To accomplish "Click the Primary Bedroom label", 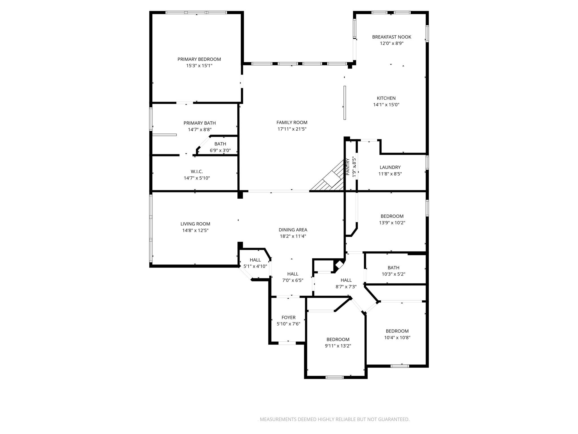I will [x=199, y=59].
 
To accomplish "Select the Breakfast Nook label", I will [x=391, y=37].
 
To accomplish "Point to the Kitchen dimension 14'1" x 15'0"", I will [x=386, y=105].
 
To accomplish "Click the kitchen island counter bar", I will [x=345, y=103].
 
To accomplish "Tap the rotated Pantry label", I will [x=348, y=167].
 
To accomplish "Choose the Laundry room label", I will [x=390, y=167].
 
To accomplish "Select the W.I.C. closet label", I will [x=197, y=172].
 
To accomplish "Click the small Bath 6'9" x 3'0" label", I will [x=220, y=144].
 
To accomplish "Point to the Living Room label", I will [x=195, y=224].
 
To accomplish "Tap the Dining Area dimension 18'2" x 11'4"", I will [x=293, y=236].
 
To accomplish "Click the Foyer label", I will [x=288, y=318].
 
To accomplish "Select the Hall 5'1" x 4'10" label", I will [x=255, y=260].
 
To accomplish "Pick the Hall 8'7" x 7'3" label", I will [x=346, y=280].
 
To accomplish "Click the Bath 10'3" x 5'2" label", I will [x=393, y=268].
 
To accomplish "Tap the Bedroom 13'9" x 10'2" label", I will [x=392, y=216].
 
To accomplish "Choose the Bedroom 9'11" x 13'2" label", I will [x=338, y=340].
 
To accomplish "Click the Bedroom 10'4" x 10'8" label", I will [x=397, y=331].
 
